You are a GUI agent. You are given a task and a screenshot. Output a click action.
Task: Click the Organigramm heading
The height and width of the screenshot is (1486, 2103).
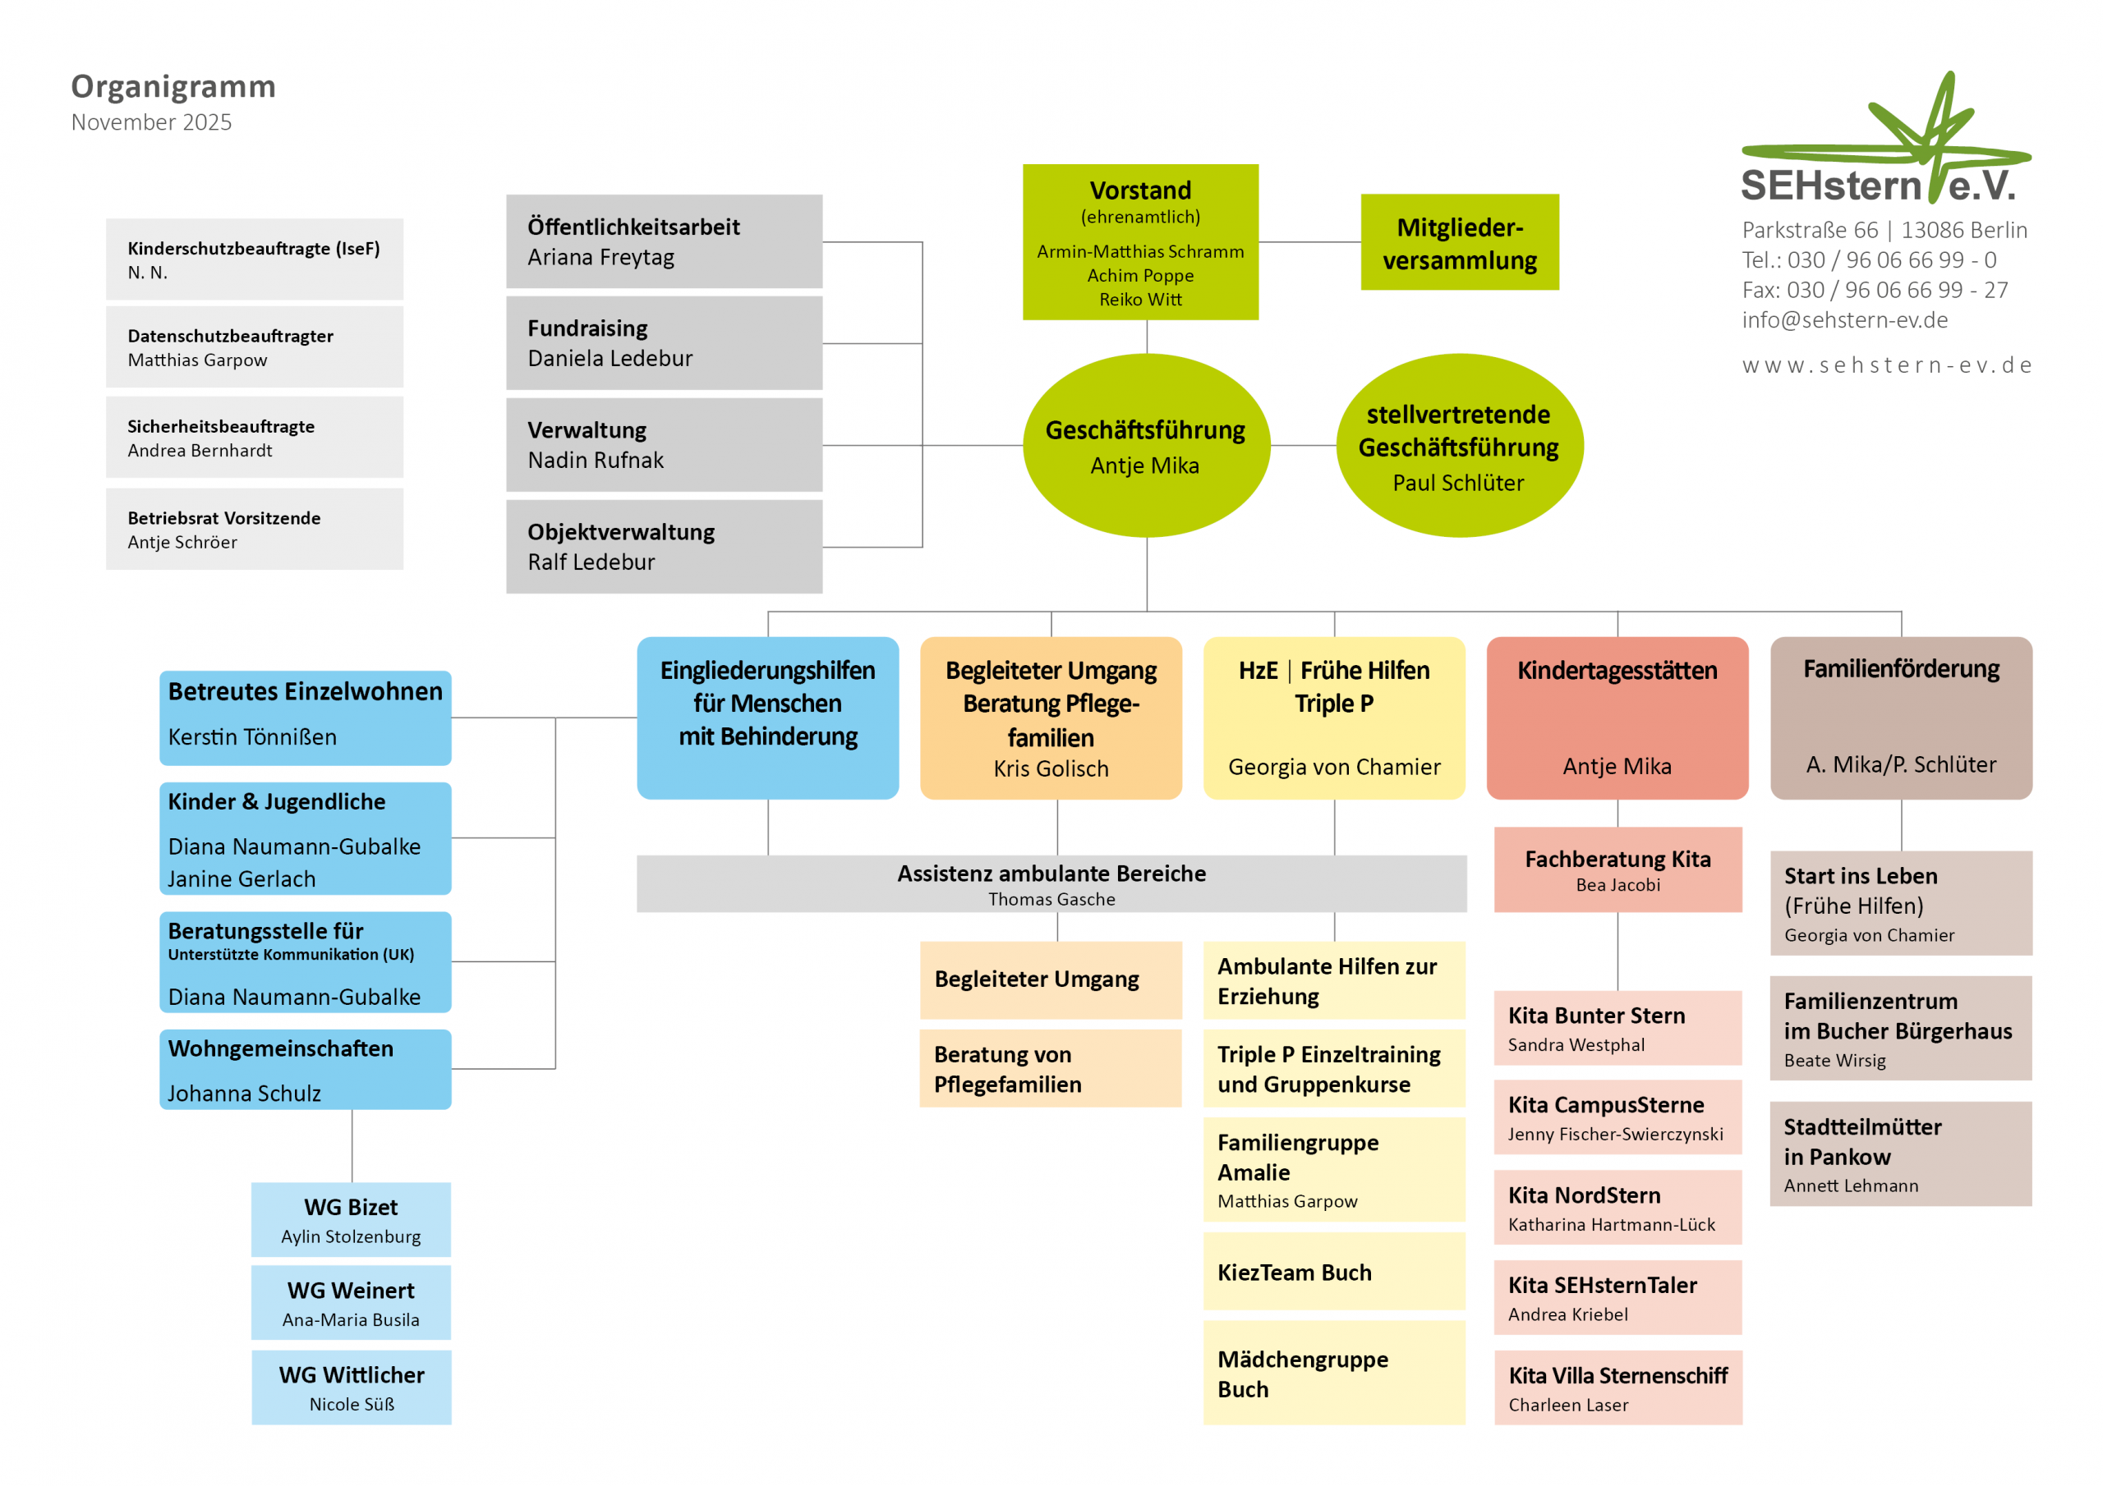pos(173,86)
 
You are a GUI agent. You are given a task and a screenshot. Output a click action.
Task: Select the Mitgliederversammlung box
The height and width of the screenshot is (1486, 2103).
pos(1459,243)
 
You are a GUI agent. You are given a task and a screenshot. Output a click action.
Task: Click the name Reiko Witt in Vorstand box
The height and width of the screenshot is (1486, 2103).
pos(1140,300)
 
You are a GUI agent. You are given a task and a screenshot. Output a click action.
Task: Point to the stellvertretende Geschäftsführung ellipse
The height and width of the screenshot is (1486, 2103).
pos(1459,446)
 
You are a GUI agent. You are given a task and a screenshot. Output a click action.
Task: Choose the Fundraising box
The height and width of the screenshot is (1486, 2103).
pos(663,343)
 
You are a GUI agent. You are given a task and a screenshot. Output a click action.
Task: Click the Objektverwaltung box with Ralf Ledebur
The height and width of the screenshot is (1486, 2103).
pos(663,547)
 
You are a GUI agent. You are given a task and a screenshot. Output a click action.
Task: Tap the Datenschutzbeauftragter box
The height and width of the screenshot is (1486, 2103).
pos(254,347)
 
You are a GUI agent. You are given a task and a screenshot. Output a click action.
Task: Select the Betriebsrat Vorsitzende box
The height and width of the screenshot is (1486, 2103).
pos(254,530)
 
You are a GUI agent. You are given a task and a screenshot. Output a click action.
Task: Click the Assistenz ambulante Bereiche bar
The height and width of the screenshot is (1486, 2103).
pos(1051,884)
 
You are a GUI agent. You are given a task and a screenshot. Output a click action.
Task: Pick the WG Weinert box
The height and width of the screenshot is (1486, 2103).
pos(351,1303)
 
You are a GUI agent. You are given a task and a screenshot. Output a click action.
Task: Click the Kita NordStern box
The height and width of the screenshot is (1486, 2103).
pos(1618,1208)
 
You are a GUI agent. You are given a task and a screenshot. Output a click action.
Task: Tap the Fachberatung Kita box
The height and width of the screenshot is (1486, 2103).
pos(1618,869)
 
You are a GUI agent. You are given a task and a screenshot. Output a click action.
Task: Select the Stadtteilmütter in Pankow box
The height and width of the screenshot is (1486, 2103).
pos(1901,1153)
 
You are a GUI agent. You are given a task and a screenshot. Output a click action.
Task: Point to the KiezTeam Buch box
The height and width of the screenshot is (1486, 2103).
pos(1333,1272)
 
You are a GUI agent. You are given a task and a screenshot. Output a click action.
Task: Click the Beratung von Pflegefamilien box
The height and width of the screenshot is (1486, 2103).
pos(1050,1068)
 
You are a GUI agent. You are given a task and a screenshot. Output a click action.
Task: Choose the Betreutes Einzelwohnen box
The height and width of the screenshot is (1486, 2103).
pos(305,718)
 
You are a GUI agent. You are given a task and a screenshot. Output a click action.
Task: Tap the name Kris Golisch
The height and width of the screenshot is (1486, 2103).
pos(1051,769)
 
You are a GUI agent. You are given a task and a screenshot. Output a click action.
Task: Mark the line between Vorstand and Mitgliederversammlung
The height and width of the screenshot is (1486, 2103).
pos(1309,243)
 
